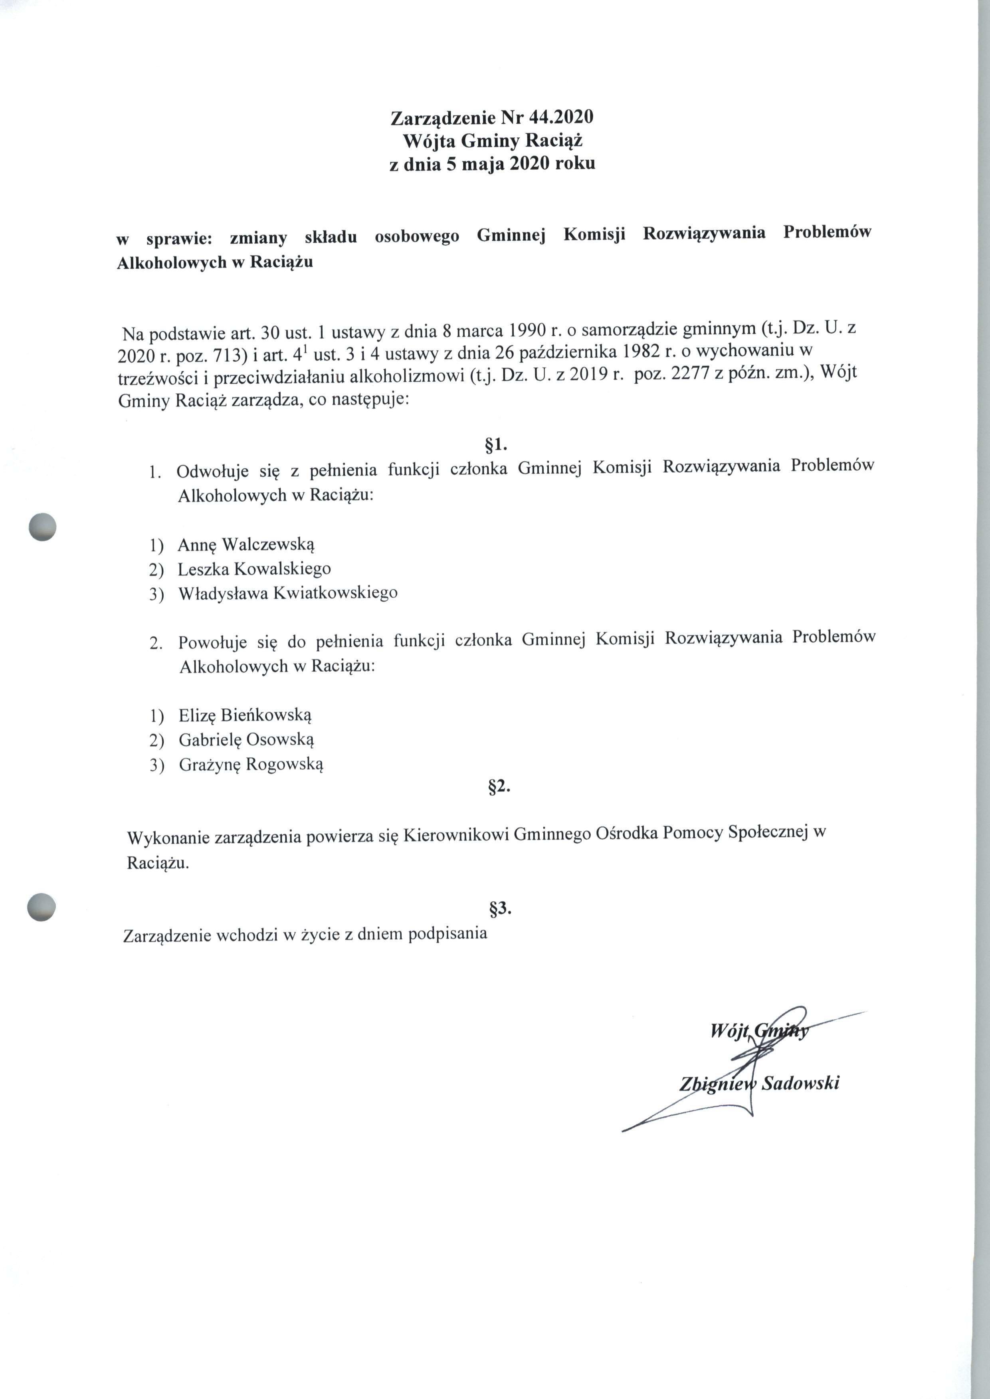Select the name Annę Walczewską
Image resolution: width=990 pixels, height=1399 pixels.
(246, 544)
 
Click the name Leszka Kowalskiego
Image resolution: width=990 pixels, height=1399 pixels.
(254, 569)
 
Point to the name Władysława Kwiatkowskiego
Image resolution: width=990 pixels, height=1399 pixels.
(288, 593)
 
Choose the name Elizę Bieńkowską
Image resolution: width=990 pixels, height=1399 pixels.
(245, 715)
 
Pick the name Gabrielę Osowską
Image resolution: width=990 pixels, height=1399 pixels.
(246, 740)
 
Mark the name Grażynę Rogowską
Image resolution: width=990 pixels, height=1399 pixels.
(251, 765)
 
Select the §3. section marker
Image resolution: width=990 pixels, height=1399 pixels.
(500, 909)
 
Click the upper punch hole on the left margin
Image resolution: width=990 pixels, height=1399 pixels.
(43, 527)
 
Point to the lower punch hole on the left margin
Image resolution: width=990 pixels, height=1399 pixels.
(42, 907)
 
